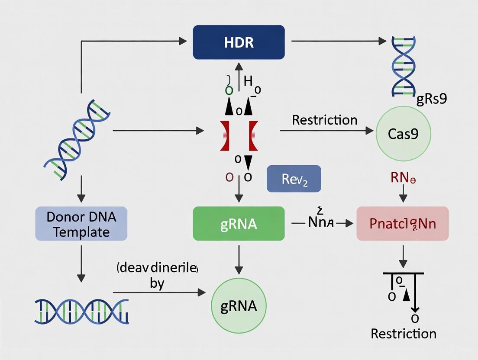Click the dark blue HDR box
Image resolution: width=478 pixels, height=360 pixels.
(x=239, y=42)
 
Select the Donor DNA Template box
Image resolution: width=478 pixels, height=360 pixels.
(x=81, y=224)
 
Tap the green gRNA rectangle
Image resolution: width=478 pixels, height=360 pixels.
(x=239, y=223)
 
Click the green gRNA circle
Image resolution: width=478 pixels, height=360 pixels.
(x=239, y=306)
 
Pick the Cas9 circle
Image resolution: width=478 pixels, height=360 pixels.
(x=403, y=134)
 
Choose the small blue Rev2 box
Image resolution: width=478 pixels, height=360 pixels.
(x=294, y=178)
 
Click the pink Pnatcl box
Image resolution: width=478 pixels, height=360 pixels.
(x=402, y=224)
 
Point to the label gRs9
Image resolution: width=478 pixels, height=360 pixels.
(x=431, y=99)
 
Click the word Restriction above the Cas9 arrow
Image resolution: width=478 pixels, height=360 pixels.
(x=325, y=120)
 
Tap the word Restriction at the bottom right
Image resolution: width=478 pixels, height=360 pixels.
(x=404, y=334)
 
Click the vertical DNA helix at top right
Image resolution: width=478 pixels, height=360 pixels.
(x=403, y=66)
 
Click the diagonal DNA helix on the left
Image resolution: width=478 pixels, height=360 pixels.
(x=77, y=139)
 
